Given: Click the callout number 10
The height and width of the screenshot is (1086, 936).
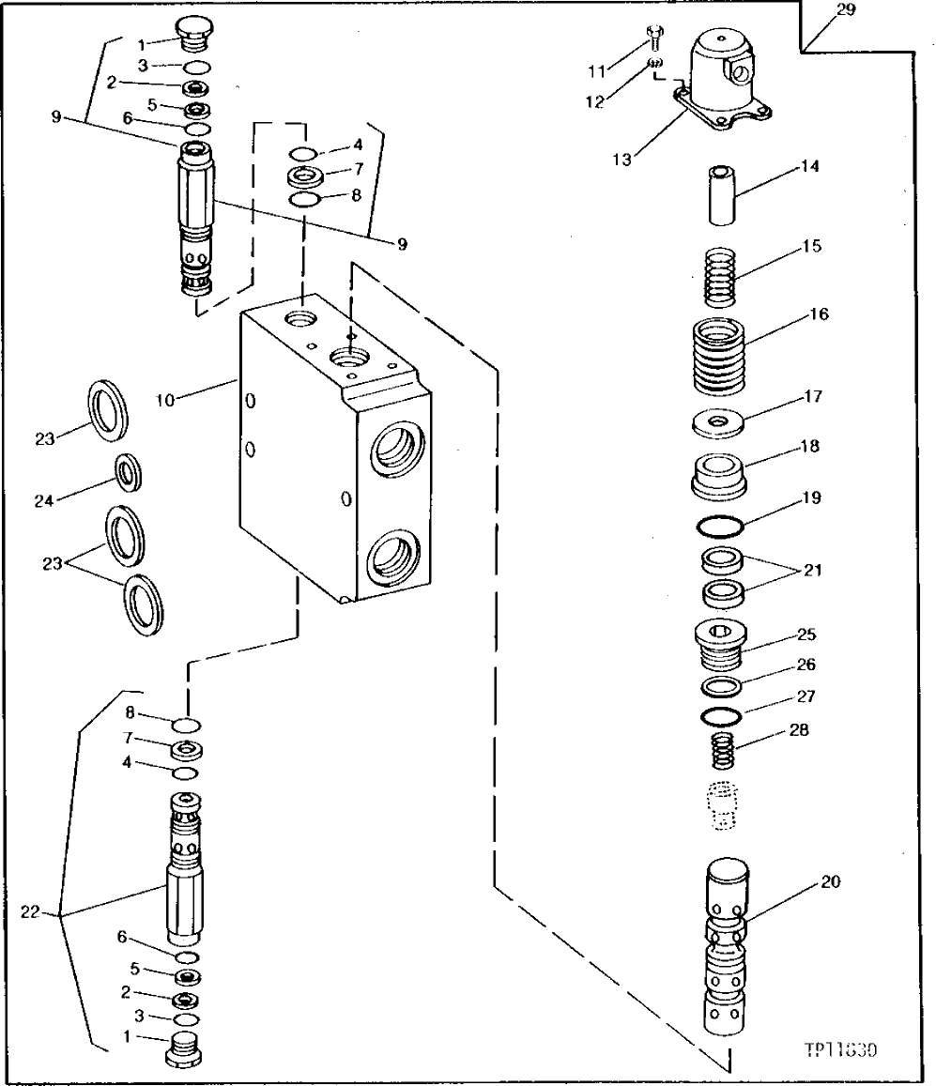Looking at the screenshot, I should (165, 400).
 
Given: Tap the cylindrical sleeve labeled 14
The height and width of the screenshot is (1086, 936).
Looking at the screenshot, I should (720, 195).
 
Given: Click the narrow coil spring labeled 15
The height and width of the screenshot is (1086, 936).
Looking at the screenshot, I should (721, 275).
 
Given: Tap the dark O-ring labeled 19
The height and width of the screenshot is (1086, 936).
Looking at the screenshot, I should (720, 527).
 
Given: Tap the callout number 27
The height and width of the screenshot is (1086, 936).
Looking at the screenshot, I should (806, 697).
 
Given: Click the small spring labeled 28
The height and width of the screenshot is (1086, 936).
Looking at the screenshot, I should (720, 752).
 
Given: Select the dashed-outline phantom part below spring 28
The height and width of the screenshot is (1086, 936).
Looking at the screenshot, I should (720, 805).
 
